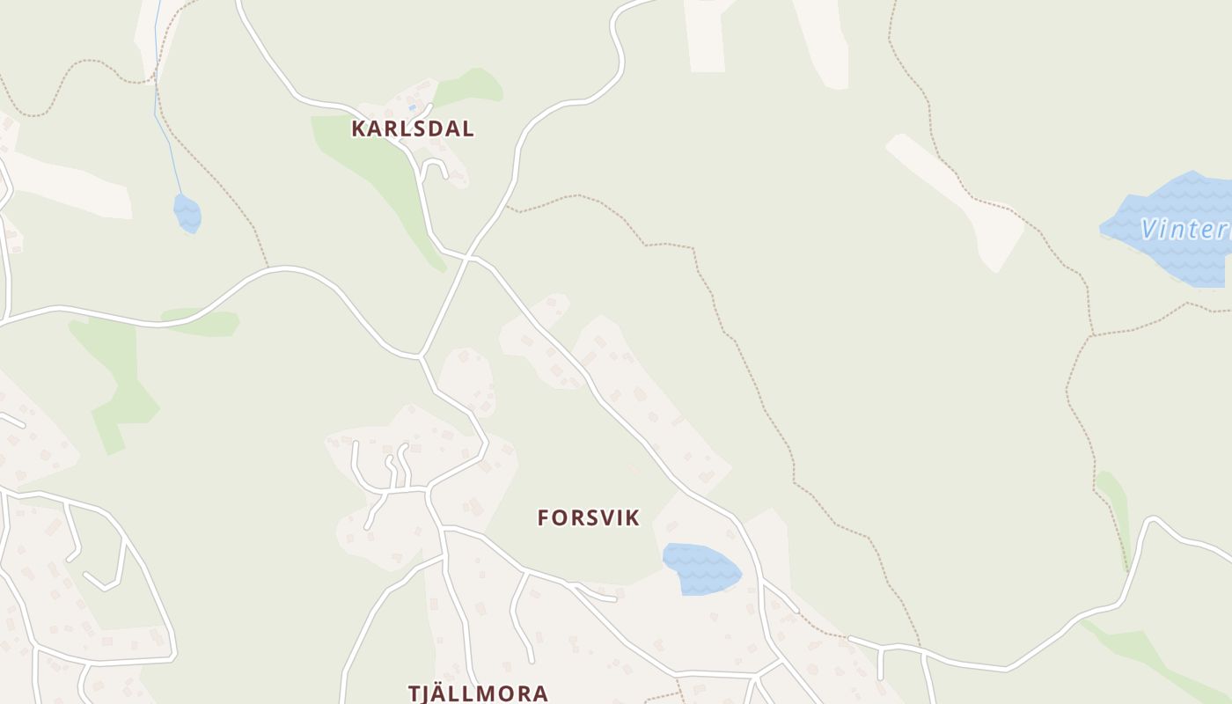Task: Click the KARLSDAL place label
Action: tap(412, 128)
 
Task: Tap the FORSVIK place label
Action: tap(588, 517)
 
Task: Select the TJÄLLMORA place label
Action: tap(478, 693)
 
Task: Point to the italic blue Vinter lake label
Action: tap(1184, 230)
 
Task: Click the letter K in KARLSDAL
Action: tap(358, 128)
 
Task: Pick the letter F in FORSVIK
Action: tap(544, 517)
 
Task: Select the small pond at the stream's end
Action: tap(187, 213)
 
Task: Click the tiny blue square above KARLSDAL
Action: tap(412, 107)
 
